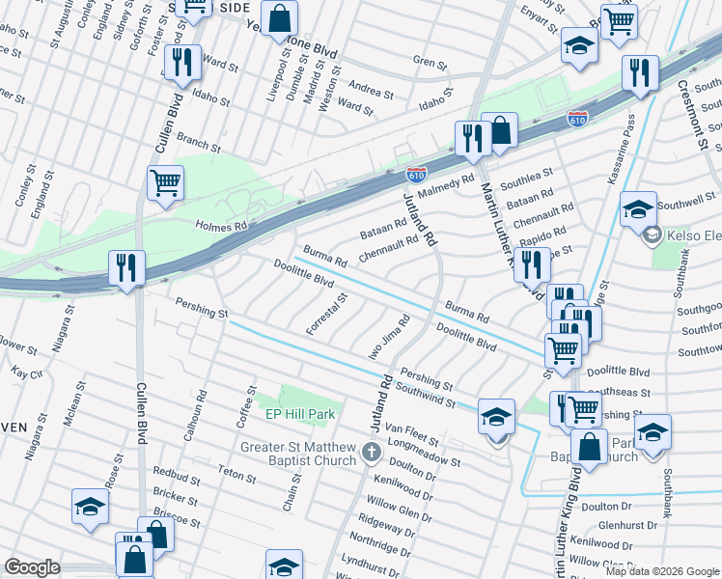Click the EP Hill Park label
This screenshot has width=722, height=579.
pyautogui.click(x=299, y=414)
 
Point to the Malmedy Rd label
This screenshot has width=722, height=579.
pyautogui.click(x=446, y=181)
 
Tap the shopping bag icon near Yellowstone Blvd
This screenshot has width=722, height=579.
pyautogui.click(x=279, y=16)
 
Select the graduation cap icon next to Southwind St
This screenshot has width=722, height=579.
pyautogui.click(x=497, y=415)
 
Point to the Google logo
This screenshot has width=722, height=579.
pyautogui.click(x=32, y=567)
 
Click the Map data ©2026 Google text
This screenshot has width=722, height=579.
pyautogui.click(x=661, y=570)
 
